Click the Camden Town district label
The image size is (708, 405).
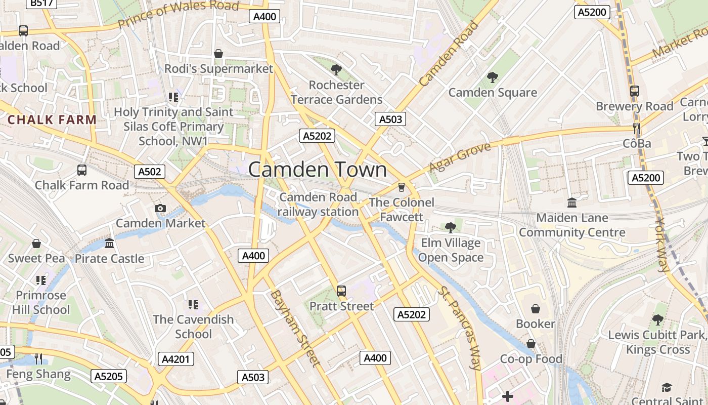coord(318,170)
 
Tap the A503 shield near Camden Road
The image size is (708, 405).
coord(390,119)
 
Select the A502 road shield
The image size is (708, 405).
coord(150,172)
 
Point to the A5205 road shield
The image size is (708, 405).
coord(109,376)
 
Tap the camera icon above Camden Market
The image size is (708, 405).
coord(160,208)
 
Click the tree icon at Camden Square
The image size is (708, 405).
coord(492,77)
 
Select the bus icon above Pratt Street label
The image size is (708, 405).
coord(341,291)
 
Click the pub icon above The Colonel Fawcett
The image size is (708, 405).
coord(402,187)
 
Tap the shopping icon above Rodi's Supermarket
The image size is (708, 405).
coord(218,54)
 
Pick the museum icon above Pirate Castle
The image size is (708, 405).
coord(109,244)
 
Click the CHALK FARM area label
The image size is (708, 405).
coord(52,120)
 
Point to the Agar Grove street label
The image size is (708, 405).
coord(460,157)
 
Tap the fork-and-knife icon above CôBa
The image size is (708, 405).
coord(637,129)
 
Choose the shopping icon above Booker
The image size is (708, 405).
coord(535,309)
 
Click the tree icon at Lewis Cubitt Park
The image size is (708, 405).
coord(657,320)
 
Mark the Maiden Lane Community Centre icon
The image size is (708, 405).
coord(572,203)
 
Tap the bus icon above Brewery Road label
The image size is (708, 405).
coord(634,91)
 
